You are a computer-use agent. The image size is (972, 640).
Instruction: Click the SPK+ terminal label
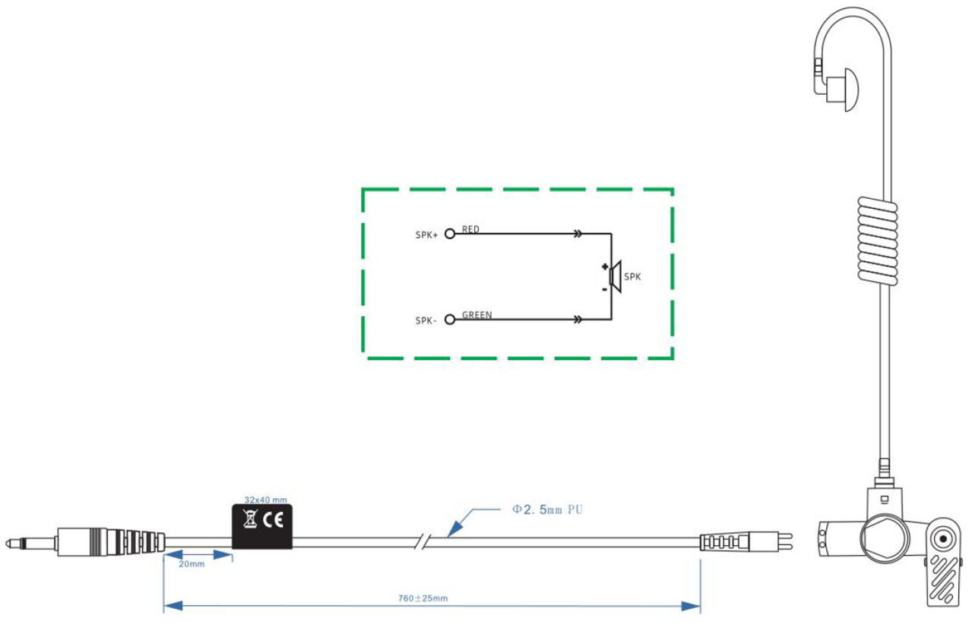tap(426, 235)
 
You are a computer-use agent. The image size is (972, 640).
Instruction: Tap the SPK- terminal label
tap(426, 321)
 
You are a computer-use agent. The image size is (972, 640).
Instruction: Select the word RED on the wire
tap(470, 229)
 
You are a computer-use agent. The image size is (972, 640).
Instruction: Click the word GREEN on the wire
tap(477, 315)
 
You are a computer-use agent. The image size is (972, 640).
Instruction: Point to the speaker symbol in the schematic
tap(615, 276)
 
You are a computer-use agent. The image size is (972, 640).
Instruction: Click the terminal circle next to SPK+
tap(450, 234)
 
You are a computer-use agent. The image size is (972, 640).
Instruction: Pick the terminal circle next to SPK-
tap(450, 320)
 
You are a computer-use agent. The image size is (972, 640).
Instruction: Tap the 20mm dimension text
tap(192, 564)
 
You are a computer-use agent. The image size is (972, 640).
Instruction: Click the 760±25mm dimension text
tap(423, 598)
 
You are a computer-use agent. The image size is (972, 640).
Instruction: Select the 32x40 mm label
tap(265, 500)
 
